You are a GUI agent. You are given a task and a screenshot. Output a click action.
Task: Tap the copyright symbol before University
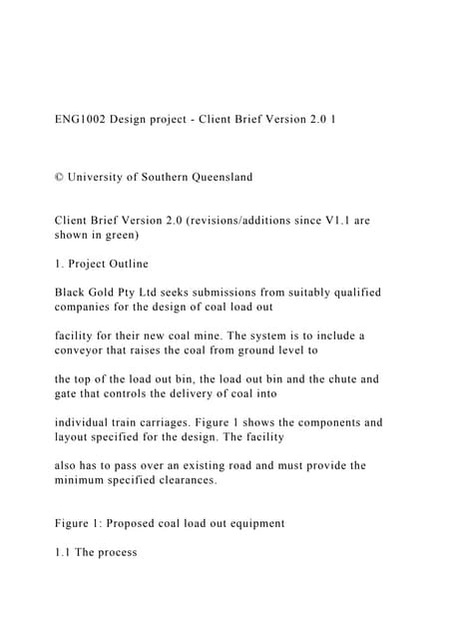pos(59,177)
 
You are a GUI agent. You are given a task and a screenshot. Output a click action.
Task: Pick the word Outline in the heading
pos(123,264)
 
